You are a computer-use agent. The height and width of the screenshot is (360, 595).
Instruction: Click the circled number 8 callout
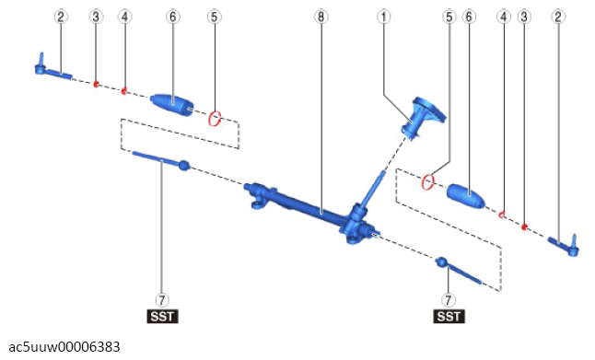321,17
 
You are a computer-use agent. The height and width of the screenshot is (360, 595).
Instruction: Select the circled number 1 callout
384,17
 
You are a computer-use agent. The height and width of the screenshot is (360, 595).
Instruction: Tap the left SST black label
162,316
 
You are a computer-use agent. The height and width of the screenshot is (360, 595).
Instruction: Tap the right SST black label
449,316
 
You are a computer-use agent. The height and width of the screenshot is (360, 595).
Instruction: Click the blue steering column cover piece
423,117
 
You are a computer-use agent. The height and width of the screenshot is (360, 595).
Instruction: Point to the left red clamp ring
215,119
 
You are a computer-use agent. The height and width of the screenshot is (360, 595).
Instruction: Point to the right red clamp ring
428,182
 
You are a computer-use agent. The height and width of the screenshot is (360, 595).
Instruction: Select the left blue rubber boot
172,104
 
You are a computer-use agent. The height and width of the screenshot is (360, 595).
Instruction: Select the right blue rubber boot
466,196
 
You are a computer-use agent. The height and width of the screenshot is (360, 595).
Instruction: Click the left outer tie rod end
52,69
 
